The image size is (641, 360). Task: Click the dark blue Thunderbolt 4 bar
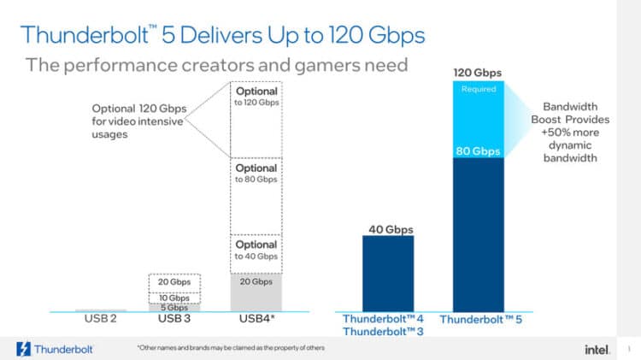[389, 274]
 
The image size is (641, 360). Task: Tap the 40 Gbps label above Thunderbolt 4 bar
[389, 228]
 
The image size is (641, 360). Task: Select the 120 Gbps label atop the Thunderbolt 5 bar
[476, 73]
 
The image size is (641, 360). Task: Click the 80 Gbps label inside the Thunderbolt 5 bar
[476, 151]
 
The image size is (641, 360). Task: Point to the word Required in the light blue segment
[476, 88]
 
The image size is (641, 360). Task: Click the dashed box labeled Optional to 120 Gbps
[256, 119]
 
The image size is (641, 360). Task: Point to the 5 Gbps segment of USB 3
[174, 307]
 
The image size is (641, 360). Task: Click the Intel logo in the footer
[595, 349]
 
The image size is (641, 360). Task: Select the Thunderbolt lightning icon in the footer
[24, 349]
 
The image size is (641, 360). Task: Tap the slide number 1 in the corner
[627, 348]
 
